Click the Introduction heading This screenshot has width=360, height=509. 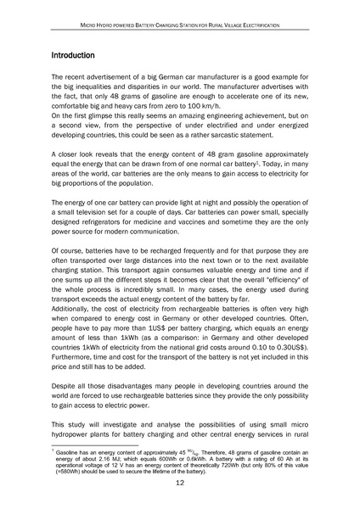[77, 55]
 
